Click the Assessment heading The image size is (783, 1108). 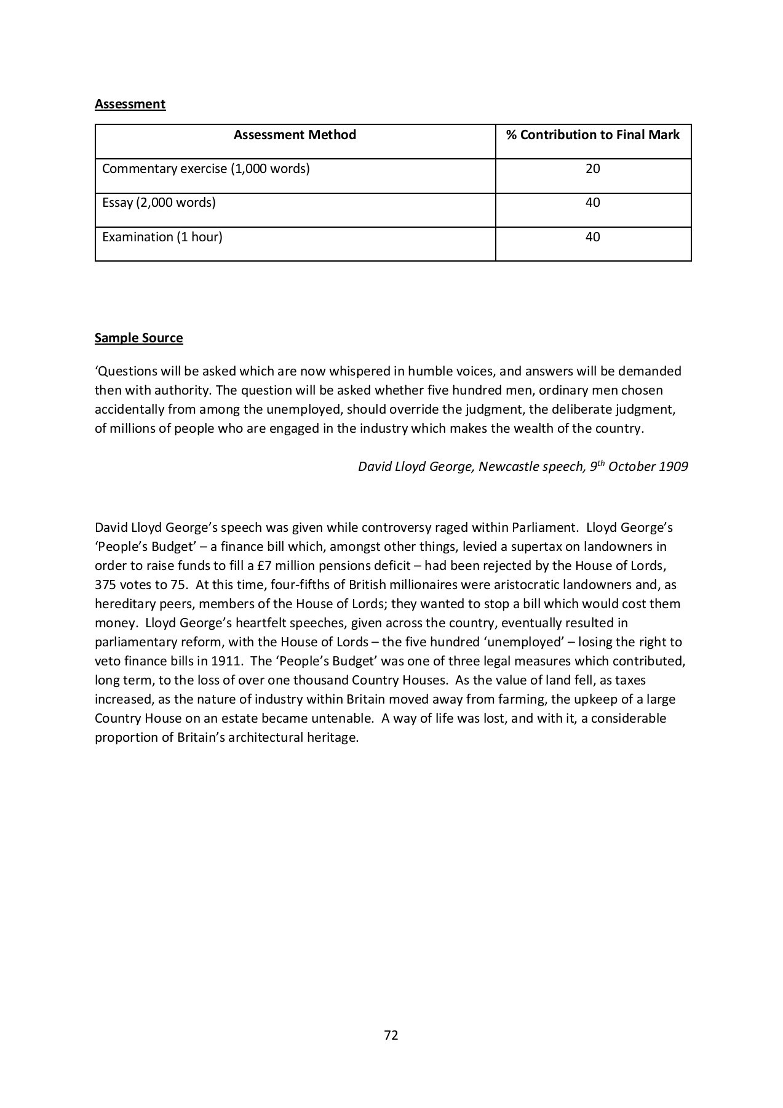[x=130, y=104]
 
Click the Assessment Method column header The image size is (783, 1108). [x=295, y=135]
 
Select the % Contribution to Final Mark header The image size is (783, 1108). [x=592, y=135]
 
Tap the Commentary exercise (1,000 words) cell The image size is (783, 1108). [x=205, y=169]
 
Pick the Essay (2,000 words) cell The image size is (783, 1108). [x=159, y=203]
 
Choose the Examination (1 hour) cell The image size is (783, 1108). [x=162, y=237]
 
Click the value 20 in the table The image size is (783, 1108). [x=592, y=169]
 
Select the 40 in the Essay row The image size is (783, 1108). [x=592, y=203]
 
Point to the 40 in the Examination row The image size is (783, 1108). [x=592, y=237]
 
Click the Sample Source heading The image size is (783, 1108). [x=138, y=338]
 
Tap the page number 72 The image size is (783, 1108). [x=391, y=1035]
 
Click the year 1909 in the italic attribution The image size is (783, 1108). [x=673, y=467]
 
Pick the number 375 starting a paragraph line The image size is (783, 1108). [x=106, y=585]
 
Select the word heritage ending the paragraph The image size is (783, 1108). [x=332, y=737]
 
